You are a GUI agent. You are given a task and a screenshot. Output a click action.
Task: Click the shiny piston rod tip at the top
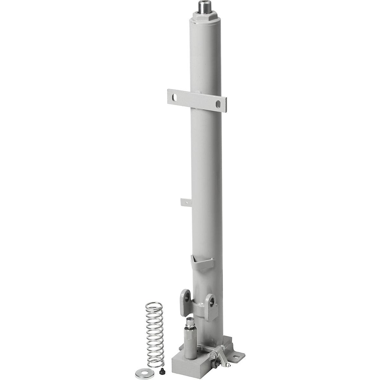(202, 6)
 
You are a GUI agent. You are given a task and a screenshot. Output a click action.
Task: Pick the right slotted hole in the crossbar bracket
(218, 103)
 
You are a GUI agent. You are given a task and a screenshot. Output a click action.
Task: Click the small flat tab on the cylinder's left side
(184, 202)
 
